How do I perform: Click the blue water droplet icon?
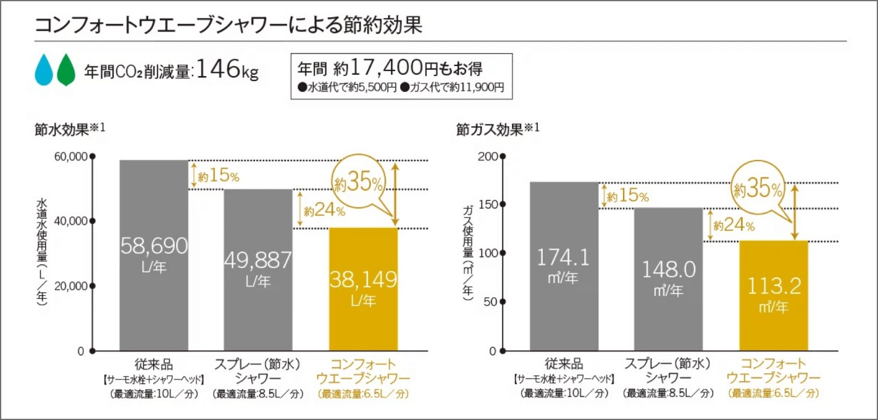tap(44, 69)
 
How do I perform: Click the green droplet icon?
tap(65, 69)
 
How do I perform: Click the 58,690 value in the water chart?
tap(154, 246)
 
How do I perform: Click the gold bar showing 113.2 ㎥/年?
tap(774, 295)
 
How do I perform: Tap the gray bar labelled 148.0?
tap(668, 278)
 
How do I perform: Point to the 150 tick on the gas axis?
tap(488, 204)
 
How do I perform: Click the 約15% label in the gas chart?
tap(627, 197)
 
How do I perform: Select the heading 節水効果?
tap(65, 129)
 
